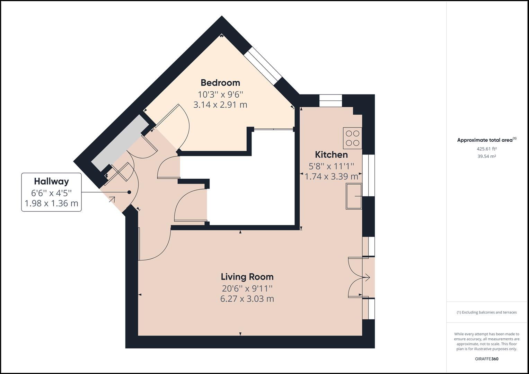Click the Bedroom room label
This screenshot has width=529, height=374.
coord(220,83)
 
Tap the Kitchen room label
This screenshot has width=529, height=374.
coord(331,154)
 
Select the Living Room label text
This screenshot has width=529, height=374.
coord(247,277)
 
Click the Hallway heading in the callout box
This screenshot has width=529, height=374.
coord(51,181)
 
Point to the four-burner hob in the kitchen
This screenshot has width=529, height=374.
coord(352,138)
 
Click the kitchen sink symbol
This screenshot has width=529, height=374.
coord(354,196)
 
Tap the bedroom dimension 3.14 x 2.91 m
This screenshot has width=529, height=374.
coord(220,105)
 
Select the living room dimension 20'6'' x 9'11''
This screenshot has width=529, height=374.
coord(247,288)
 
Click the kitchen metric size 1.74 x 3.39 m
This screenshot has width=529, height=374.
coord(331,177)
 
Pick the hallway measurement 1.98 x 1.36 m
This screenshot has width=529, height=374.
coord(51,203)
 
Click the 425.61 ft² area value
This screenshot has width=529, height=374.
coord(486,149)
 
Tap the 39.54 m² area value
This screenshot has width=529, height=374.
coord(486,156)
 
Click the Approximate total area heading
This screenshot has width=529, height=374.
coord(486,140)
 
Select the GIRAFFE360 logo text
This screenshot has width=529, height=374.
coord(486,359)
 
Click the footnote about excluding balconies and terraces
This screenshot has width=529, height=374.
coord(486,312)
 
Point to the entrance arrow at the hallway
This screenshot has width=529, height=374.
coord(112,199)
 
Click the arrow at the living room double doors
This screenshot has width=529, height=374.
coord(367,277)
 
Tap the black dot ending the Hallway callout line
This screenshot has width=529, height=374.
coord(129,192)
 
